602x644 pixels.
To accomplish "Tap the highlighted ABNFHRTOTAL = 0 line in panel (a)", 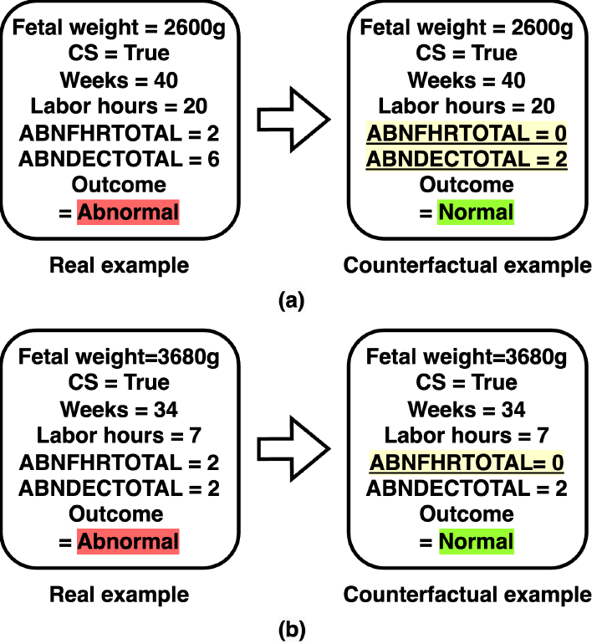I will [467, 133].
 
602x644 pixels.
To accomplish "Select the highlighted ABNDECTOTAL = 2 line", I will [467, 159].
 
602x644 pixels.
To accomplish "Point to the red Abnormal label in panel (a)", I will [128, 211].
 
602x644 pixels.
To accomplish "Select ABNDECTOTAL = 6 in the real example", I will [119, 159].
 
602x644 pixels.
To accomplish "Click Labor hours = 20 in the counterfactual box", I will [467, 107].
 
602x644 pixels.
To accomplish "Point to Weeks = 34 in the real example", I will [119, 409].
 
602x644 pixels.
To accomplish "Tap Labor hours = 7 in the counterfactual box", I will [467, 435].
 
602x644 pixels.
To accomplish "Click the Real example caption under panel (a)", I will [119, 266].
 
